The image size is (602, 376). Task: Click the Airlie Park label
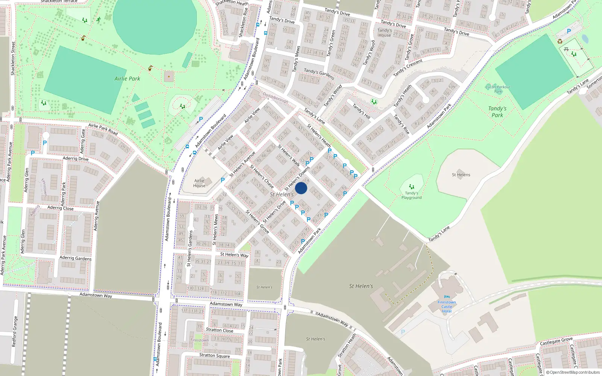pyautogui.click(x=127, y=79)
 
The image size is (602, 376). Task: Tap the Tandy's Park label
pyautogui.click(x=497, y=112)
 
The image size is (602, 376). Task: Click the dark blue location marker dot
pyautogui.click(x=301, y=188)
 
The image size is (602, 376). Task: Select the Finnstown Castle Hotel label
pyautogui.click(x=447, y=307)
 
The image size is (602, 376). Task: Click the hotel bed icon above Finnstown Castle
pyautogui.click(x=447, y=297)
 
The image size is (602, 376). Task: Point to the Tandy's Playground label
pyautogui.click(x=411, y=195)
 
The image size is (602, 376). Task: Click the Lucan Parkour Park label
pyautogui.click(x=498, y=89)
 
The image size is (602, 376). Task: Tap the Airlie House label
pyautogui.click(x=199, y=183)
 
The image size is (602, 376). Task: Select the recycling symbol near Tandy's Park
pyautogui.click(x=560, y=41)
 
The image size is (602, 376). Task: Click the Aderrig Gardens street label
pyautogui.click(x=76, y=258)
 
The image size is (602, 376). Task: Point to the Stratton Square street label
pyautogui.click(x=214, y=355)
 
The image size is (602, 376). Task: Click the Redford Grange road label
pyautogui.click(x=14, y=331)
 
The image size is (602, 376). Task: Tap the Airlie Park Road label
pyautogui.click(x=103, y=129)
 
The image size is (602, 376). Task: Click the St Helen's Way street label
pyautogui.click(x=234, y=255)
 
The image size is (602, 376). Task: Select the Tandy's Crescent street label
pyautogui.click(x=408, y=68)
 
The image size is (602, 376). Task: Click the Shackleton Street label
pyautogui.click(x=13, y=58)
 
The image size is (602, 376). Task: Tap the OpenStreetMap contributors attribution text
pyautogui.click(x=573, y=372)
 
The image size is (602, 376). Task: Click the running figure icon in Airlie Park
pyautogui.click(x=99, y=20)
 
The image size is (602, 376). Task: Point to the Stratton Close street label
pyautogui.click(x=219, y=330)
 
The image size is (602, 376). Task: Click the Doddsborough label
pyautogui.click(x=275, y=98)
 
